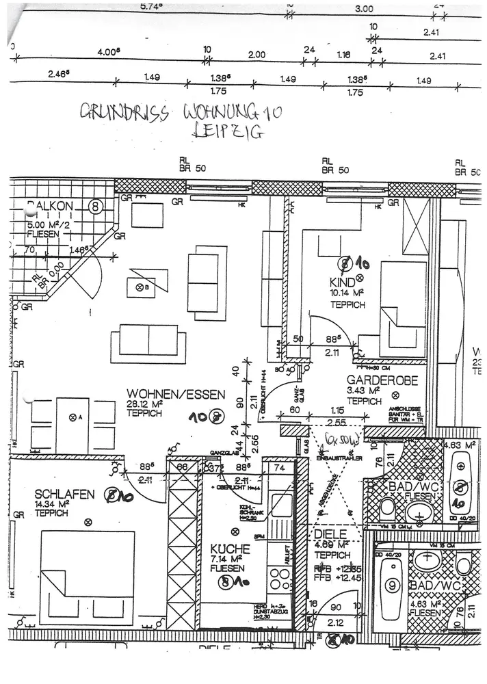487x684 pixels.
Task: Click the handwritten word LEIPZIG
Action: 229,133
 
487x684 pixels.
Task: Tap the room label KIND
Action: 342,282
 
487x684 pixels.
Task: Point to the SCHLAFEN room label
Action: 62,494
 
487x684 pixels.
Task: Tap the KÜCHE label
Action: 225,549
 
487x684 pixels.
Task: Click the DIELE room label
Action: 328,534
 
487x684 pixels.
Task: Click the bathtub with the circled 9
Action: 392,586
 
